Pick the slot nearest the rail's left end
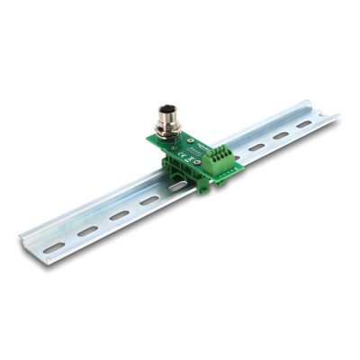point(55,246)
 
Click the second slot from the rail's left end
point(87,231)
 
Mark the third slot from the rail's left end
point(119,216)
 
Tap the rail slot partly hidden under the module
point(177,187)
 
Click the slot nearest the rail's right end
point(303,124)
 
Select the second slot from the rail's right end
point(280,136)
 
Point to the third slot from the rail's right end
point(256,147)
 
